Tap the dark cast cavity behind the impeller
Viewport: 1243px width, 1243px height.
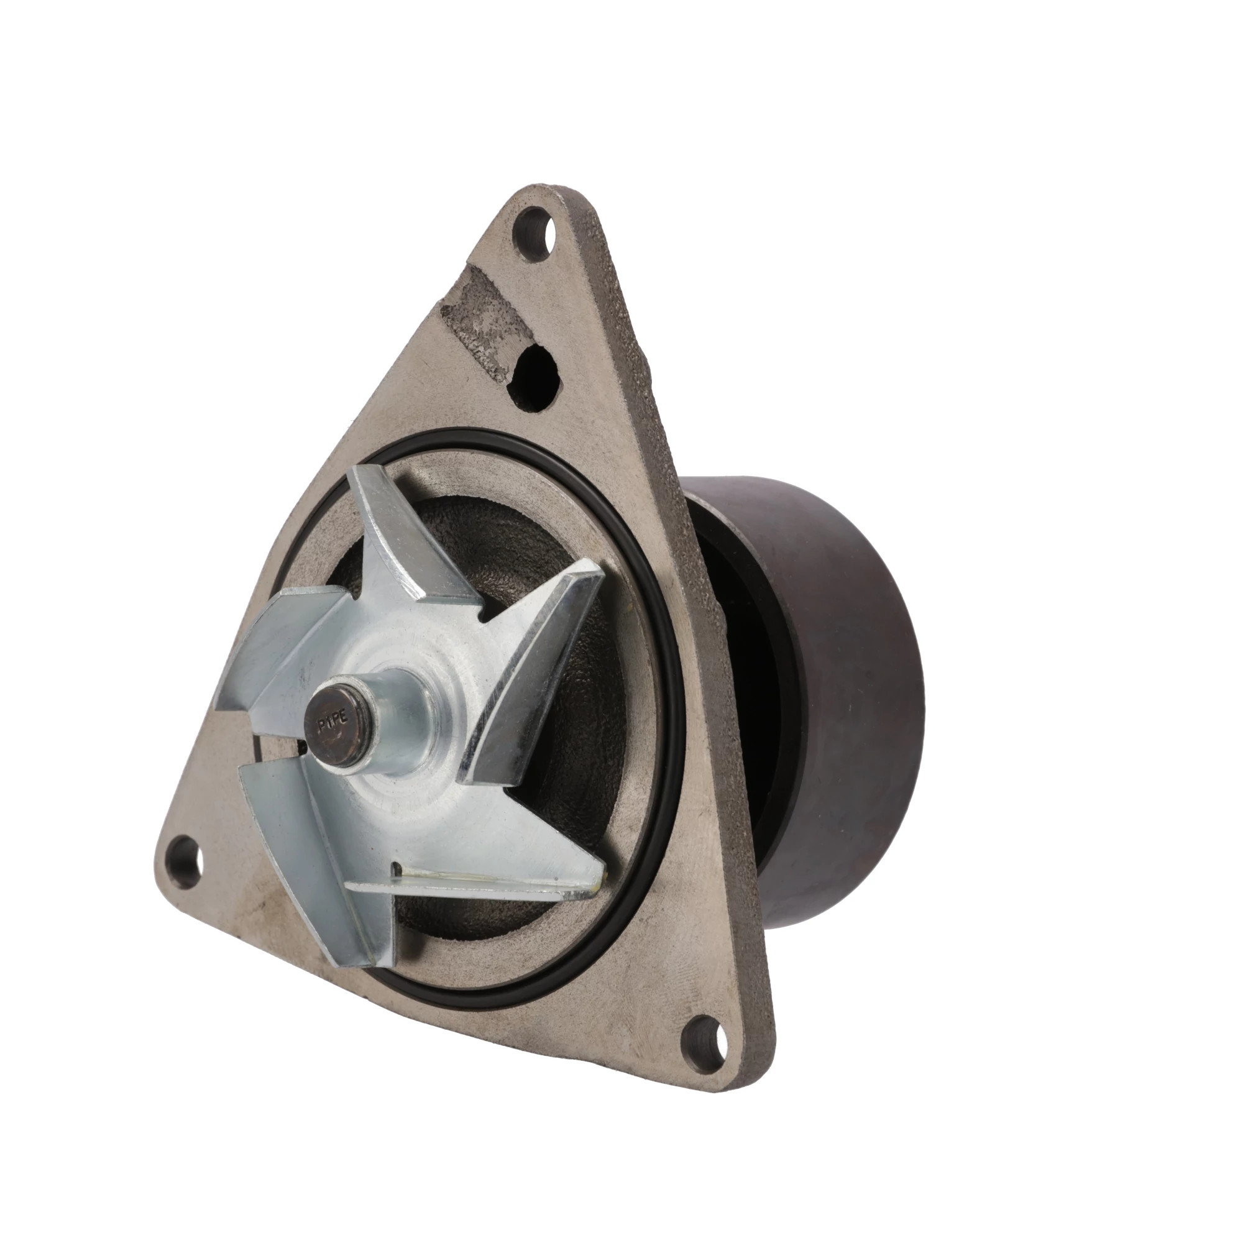(x=579, y=804)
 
